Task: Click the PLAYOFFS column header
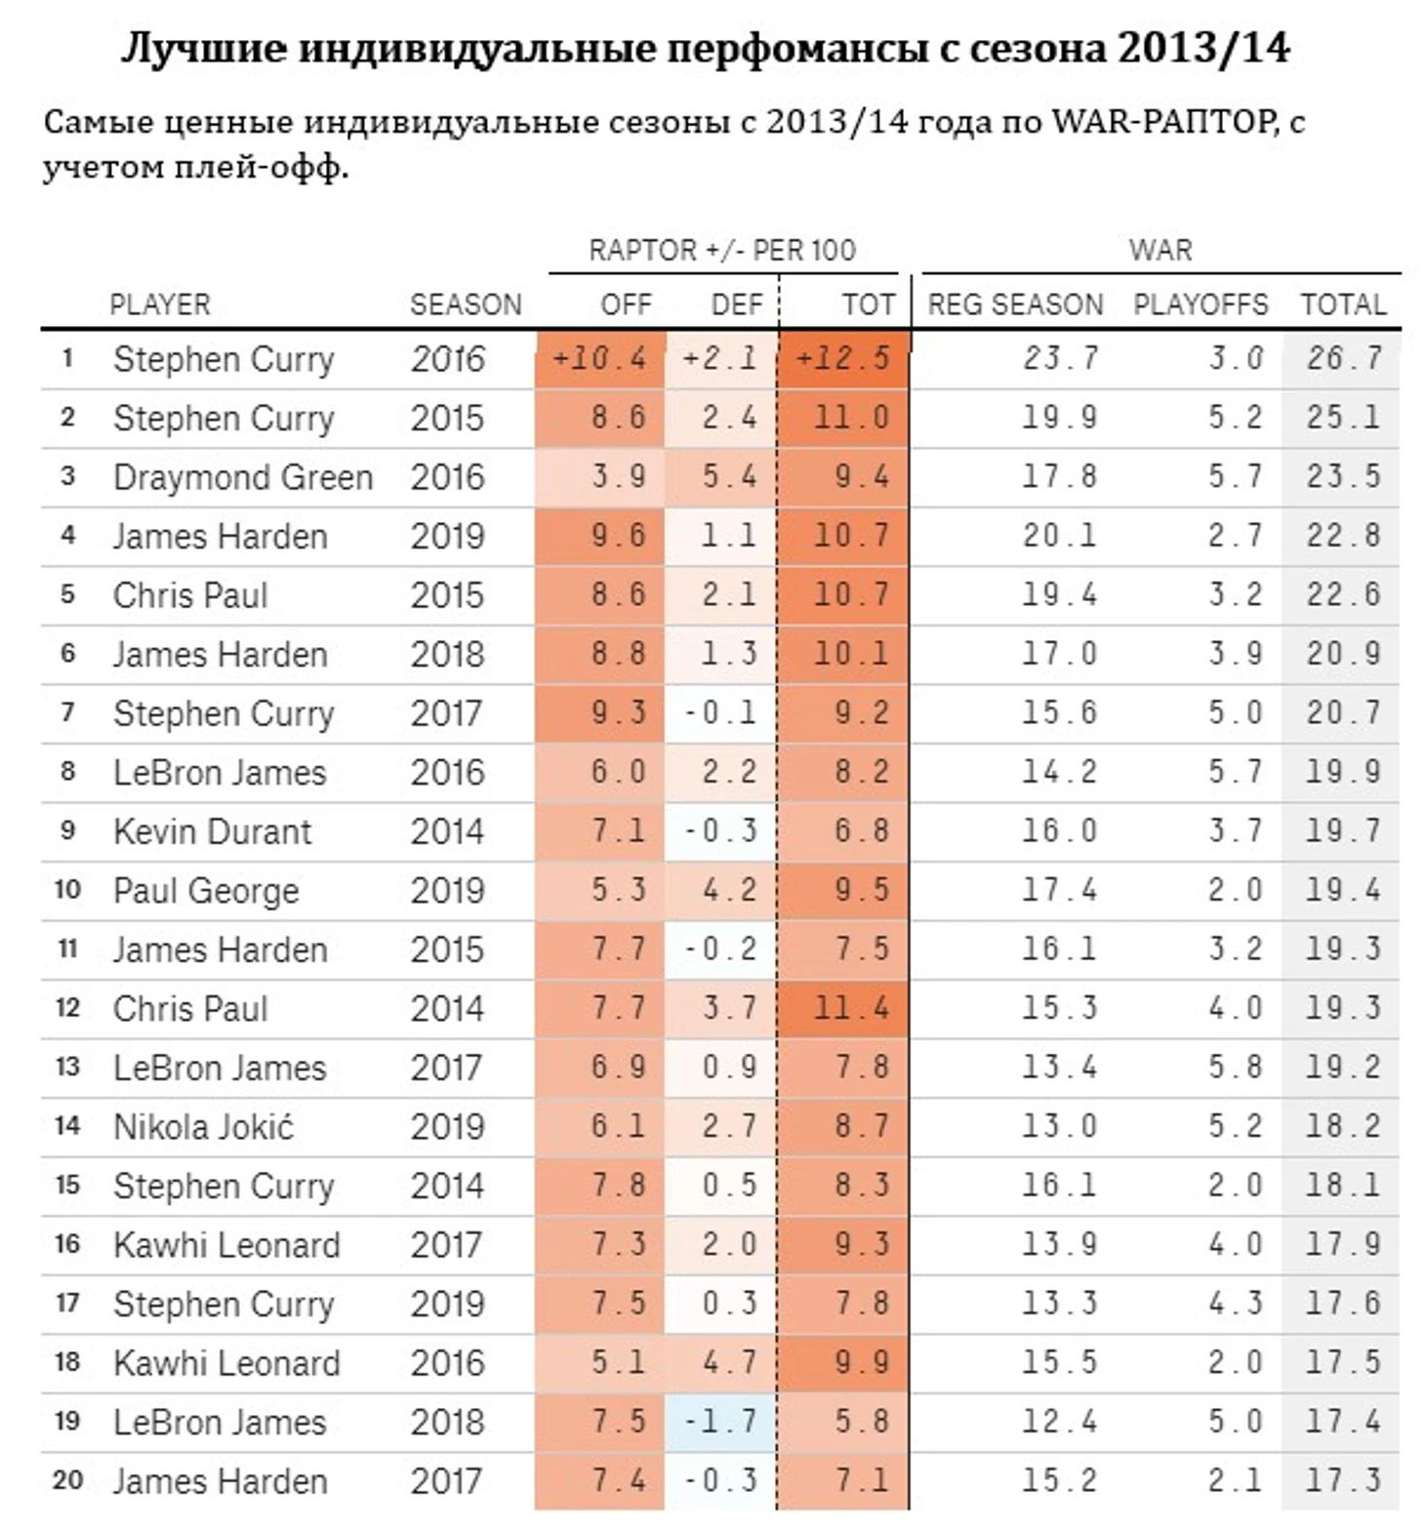[x=1200, y=304]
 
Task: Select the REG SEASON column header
[x=1015, y=304]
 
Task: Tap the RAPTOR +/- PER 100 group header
[x=721, y=251]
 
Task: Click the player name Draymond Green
[x=243, y=477]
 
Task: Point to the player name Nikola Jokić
[x=203, y=1127]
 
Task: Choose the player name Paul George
[x=206, y=891]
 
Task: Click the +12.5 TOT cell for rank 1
[x=842, y=358]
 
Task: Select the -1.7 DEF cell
[x=720, y=1422]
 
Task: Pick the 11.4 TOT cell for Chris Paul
[x=851, y=1008]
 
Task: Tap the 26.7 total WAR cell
[x=1343, y=358]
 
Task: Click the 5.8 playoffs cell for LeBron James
[x=1235, y=1068]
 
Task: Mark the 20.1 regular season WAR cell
[x=1059, y=536]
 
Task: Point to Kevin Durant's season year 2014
[x=446, y=831]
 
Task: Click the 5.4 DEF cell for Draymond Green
[x=729, y=477]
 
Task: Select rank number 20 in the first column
[x=67, y=1480]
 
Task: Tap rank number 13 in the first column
[x=67, y=1067]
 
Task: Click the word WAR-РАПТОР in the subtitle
[x=1162, y=122]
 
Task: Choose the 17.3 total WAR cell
[x=1343, y=1480]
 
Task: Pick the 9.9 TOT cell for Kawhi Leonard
[x=861, y=1363]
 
